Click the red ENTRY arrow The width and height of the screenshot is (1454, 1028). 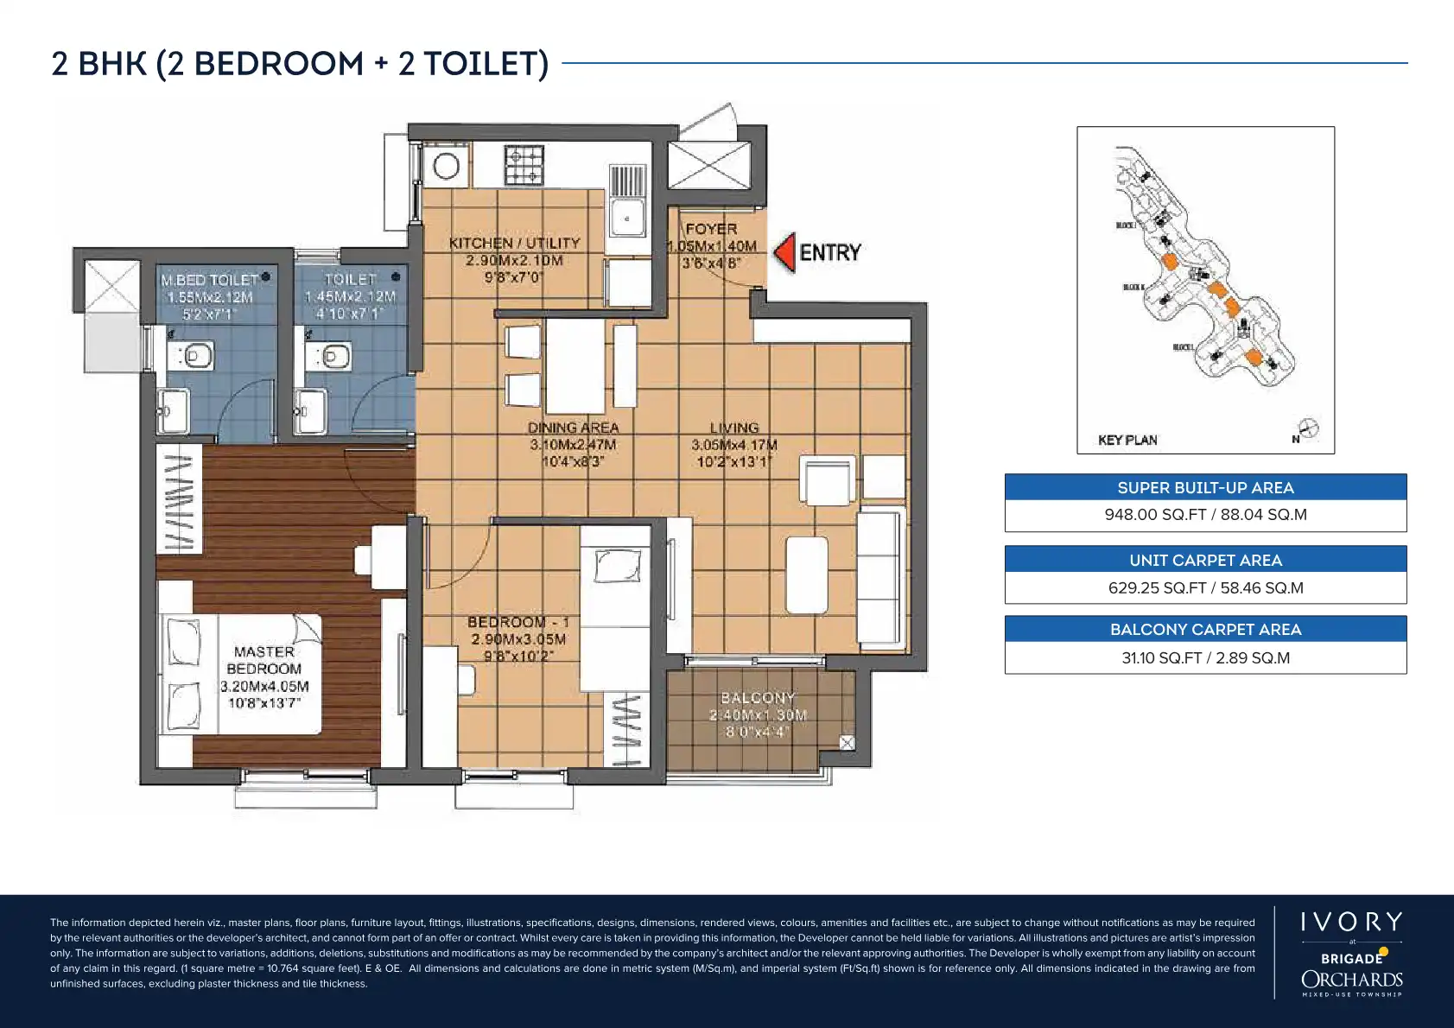tap(784, 252)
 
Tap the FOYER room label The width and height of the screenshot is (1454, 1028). tap(711, 229)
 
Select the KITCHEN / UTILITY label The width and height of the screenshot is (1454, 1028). tap(514, 244)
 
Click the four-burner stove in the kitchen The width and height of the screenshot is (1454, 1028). tap(524, 165)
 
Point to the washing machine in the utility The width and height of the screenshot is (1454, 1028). tap(446, 166)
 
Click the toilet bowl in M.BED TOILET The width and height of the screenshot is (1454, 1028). tap(195, 355)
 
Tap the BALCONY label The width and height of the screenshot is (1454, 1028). tap(758, 697)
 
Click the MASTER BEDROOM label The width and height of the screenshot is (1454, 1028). tap(264, 660)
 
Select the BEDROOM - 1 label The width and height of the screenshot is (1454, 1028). tap(518, 622)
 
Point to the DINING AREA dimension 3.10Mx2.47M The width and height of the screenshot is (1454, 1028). tap(573, 445)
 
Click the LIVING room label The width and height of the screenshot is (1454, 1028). tap(734, 428)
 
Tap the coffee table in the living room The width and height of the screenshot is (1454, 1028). tap(807, 574)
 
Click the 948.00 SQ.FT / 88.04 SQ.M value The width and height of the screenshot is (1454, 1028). tap(1205, 515)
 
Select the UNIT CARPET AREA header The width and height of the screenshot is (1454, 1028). tap(1205, 560)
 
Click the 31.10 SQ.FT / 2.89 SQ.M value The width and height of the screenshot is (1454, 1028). tap(1205, 657)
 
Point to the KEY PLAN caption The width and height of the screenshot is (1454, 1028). tap(1127, 440)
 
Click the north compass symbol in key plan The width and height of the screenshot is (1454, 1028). tap(1310, 428)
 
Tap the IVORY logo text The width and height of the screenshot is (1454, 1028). tap(1351, 922)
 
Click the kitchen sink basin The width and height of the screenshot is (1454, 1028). tap(627, 218)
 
